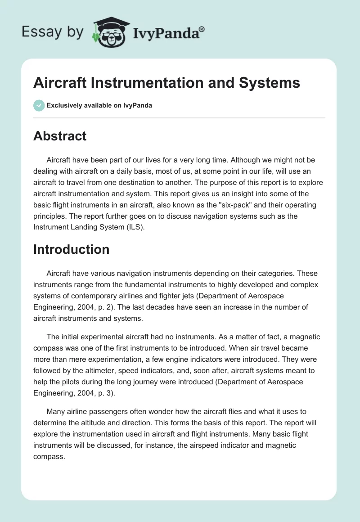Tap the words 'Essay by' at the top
coord(53,32)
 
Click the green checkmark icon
coord(39,105)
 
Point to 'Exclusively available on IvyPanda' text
coord(99,105)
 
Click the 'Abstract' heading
coord(60,136)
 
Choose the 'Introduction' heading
coord(71,249)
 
